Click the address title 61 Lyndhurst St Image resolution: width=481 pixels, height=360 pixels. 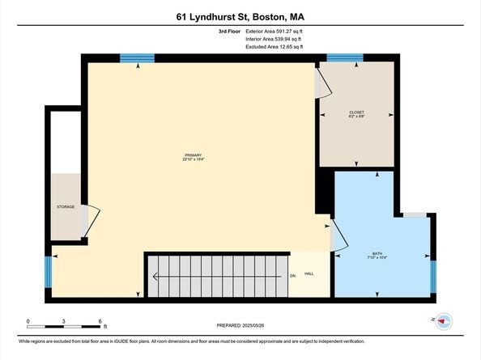(240, 16)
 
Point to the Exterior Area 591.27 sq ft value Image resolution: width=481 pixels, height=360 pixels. (274, 31)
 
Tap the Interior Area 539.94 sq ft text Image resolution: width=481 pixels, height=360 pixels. (274, 39)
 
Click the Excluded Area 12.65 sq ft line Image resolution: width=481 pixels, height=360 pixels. (274, 47)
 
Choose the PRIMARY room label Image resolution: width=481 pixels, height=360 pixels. (193, 155)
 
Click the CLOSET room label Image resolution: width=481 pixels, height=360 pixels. (356, 112)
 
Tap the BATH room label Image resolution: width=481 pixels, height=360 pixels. (378, 253)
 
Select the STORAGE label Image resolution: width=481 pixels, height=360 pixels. (66, 207)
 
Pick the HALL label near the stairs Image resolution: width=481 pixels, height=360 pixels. (309, 275)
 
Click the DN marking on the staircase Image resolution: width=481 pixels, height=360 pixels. (292, 275)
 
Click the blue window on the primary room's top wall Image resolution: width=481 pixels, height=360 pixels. (137, 58)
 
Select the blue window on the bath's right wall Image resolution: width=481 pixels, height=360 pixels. (432, 274)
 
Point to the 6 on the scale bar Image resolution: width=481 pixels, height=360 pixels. (100, 321)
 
